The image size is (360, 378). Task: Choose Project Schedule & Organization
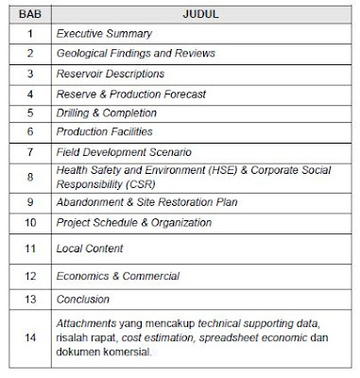pos(146,222)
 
